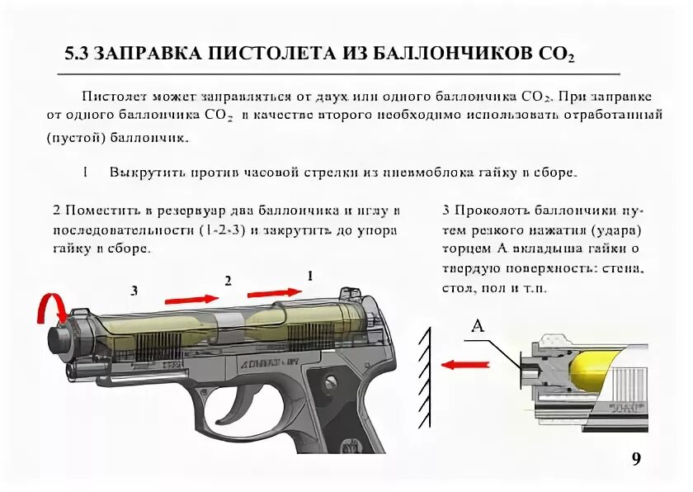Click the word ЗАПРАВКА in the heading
tap(146, 54)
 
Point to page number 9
tap(635, 459)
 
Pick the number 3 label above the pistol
tap(134, 291)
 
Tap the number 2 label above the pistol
tap(228, 281)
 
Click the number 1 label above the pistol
tap(310, 275)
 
